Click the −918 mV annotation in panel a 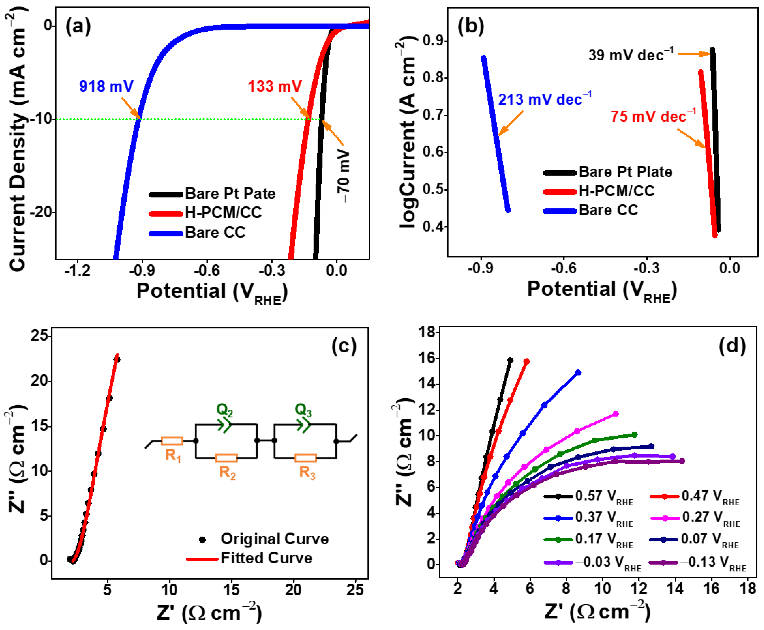(102, 86)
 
